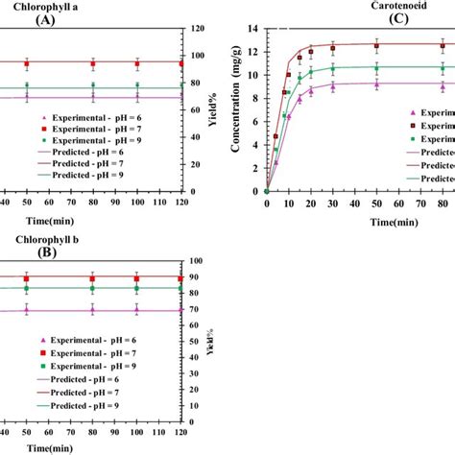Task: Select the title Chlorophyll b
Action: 40,238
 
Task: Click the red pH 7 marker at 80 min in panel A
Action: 92,64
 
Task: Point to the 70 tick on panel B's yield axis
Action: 196,310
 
